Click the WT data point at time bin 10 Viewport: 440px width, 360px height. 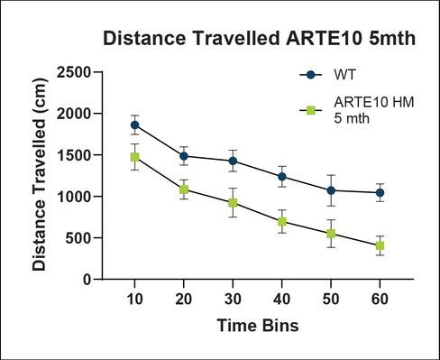134,125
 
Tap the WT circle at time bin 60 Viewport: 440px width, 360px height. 380,192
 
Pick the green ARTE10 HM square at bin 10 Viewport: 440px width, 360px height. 134,157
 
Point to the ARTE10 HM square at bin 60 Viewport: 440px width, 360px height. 380,245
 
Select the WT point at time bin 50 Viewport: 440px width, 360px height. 331,190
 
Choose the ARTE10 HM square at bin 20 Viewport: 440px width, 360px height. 184,189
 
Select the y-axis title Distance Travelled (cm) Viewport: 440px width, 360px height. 39,175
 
